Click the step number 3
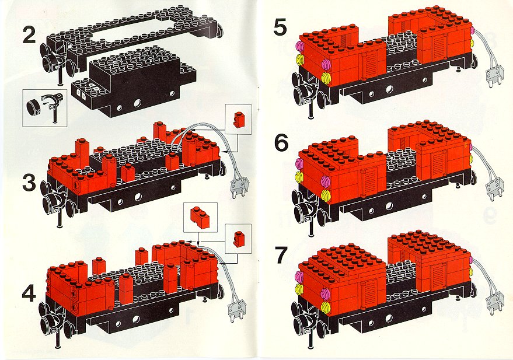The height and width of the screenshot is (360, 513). pos(29,184)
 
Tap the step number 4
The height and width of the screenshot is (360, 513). pos(29,295)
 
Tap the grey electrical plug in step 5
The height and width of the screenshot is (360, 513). pos(495,75)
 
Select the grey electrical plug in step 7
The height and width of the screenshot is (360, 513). pos(495,302)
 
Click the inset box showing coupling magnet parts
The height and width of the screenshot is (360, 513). pos(45,108)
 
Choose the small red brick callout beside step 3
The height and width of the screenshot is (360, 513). pos(238,119)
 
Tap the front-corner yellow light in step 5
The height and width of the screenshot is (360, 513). pos(325,78)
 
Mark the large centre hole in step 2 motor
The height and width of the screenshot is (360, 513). pos(138,103)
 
